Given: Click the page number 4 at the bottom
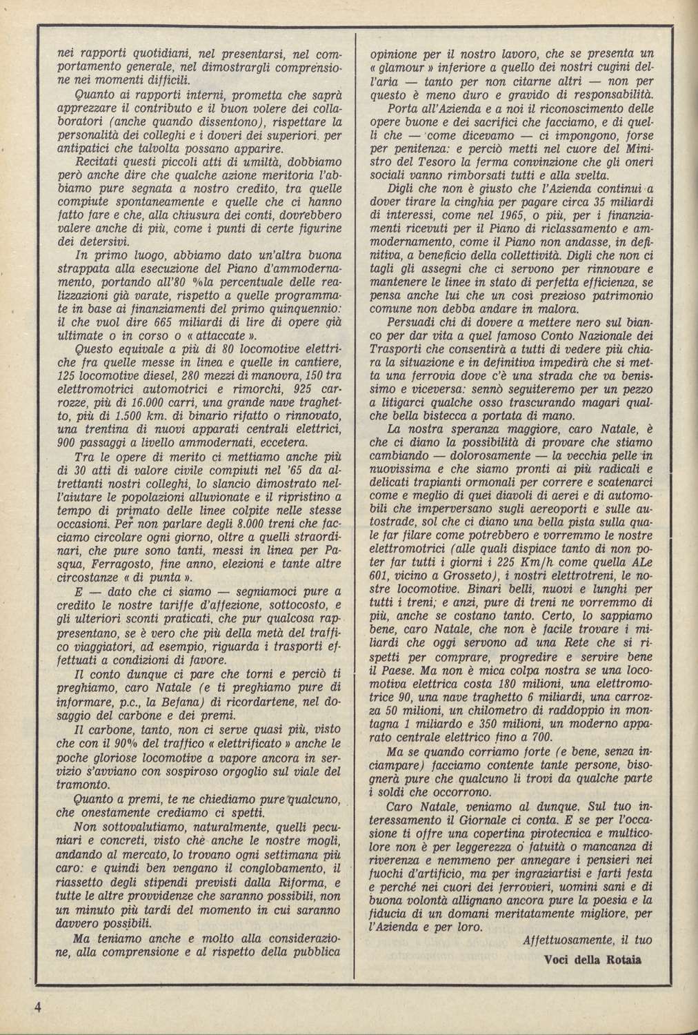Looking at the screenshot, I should point(41,1004).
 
